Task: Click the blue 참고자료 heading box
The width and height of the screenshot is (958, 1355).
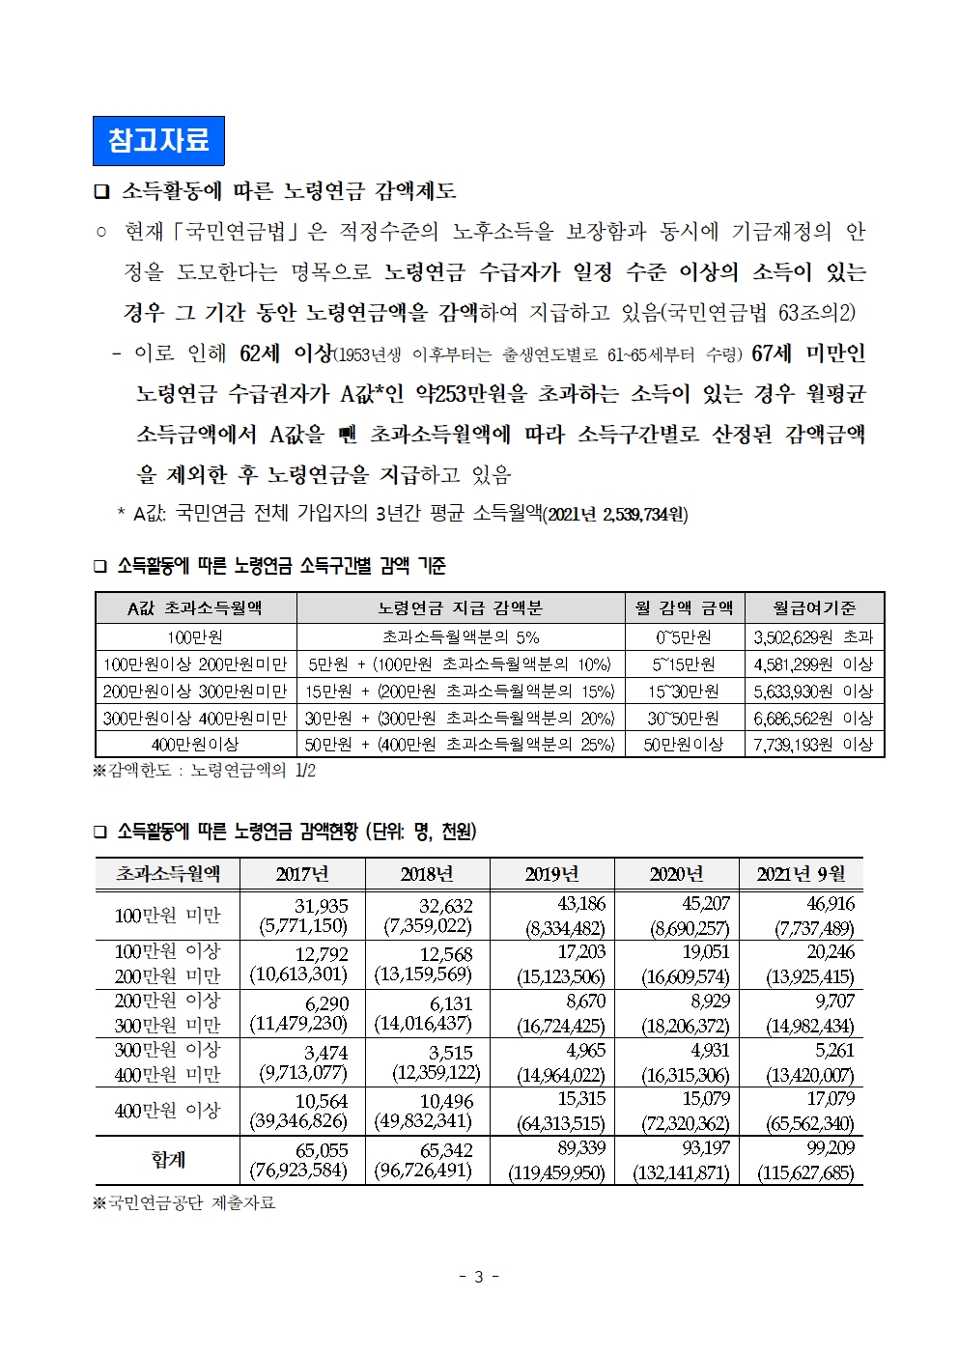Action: (158, 141)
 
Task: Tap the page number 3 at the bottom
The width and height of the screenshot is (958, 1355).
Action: (478, 1276)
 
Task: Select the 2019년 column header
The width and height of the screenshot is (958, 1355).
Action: (551, 874)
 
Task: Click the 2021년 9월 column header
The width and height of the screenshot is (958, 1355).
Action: (801, 874)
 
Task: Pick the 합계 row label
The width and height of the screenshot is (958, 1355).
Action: (168, 1159)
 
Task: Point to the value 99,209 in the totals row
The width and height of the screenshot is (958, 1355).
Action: (830, 1148)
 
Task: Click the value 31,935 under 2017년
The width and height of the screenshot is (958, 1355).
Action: (322, 906)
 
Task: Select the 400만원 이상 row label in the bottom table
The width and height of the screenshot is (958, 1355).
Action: (168, 1111)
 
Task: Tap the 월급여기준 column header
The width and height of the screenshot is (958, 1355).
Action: (814, 607)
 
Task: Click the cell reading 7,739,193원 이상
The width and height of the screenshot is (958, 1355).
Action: (813, 744)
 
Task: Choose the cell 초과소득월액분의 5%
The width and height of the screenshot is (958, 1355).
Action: (461, 636)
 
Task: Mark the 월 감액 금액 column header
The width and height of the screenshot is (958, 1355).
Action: (684, 607)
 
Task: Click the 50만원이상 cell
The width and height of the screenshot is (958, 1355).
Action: (684, 744)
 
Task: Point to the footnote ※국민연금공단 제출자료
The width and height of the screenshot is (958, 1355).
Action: (184, 1202)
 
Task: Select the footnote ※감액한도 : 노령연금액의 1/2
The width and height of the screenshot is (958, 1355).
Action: (205, 770)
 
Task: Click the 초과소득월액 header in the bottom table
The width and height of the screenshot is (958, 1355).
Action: (168, 874)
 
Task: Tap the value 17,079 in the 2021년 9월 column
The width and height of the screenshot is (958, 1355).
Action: (831, 1099)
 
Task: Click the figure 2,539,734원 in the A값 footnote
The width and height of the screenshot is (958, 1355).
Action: (644, 514)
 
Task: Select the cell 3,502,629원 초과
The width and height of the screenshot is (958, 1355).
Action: (813, 636)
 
